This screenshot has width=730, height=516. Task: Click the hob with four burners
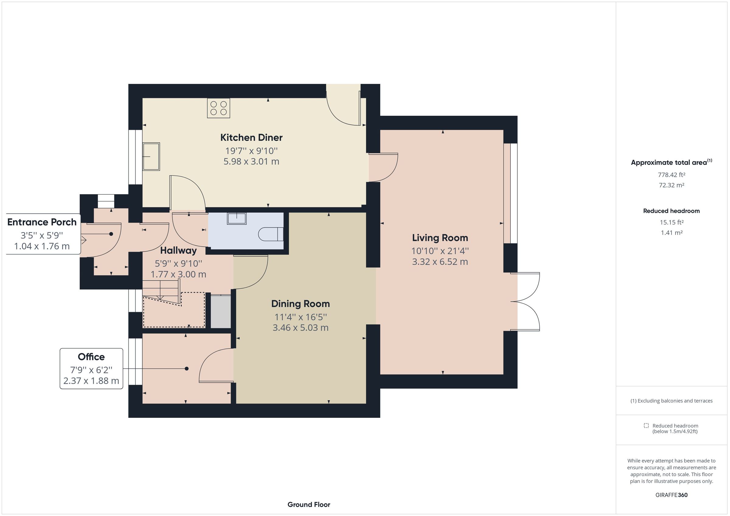pyautogui.click(x=218, y=108)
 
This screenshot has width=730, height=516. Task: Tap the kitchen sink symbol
pyautogui.click(x=151, y=156)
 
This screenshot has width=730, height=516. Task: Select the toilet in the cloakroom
pyautogui.click(x=271, y=234)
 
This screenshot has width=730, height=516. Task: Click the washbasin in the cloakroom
pyautogui.click(x=237, y=218)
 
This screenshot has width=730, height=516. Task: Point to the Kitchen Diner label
pyautogui.click(x=251, y=138)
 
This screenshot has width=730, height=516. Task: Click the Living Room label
pyautogui.click(x=440, y=238)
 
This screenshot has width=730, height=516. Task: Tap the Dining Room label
pyautogui.click(x=300, y=304)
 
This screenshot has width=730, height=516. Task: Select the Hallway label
pyautogui.click(x=178, y=250)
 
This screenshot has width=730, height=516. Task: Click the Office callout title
pyautogui.click(x=91, y=357)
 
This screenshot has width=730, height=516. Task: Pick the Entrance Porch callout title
pyautogui.click(x=42, y=222)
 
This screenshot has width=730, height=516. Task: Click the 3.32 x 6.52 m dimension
pyautogui.click(x=440, y=262)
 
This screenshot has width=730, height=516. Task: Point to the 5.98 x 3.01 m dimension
pyautogui.click(x=251, y=161)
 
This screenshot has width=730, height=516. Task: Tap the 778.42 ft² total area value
pyautogui.click(x=671, y=175)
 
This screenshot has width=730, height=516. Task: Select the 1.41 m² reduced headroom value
pyautogui.click(x=671, y=232)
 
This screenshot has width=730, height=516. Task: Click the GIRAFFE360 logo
pyautogui.click(x=671, y=495)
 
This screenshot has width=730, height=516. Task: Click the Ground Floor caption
pyautogui.click(x=308, y=504)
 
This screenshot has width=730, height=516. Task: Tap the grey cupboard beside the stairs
pyautogui.click(x=221, y=311)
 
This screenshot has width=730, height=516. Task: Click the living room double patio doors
pyautogui.click(x=526, y=301)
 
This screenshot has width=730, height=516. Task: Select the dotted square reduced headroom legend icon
pyautogui.click(x=646, y=425)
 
